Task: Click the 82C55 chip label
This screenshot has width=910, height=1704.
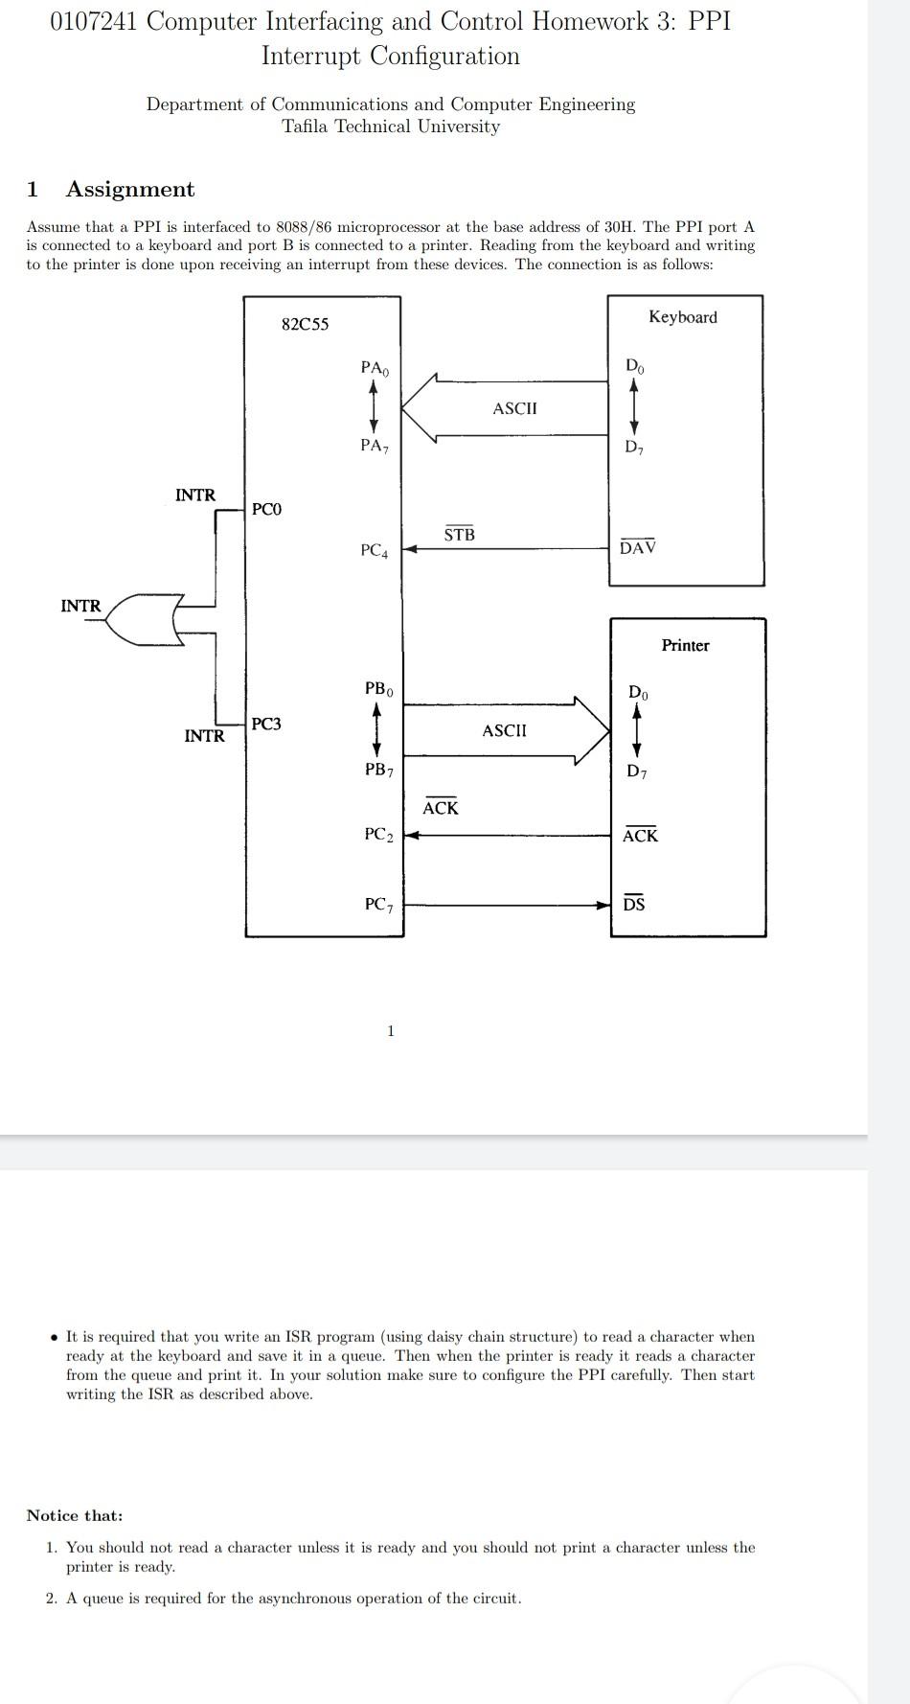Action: [305, 324]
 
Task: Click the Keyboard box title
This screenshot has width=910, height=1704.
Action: [682, 317]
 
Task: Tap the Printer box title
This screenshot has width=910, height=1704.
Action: [685, 645]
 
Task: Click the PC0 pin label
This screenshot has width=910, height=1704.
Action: [266, 509]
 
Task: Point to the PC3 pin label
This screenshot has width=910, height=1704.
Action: [266, 724]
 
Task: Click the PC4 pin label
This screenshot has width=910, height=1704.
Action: [375, 550]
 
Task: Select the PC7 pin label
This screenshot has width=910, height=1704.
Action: [378, 904]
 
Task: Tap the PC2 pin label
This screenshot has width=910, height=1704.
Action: [378, 835]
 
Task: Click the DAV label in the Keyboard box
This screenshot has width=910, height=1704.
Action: [637, 547]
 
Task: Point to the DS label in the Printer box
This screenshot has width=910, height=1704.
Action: [634, 904]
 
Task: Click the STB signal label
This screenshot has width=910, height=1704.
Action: [459, 535]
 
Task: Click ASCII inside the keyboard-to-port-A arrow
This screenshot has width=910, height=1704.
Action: [514, 408]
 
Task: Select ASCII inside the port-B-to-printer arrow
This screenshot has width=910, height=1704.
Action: [504, 730]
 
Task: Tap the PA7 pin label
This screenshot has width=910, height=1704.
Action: [375, 445]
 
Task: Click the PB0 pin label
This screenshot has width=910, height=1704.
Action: [378, 688]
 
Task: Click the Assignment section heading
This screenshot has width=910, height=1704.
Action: [129, 189]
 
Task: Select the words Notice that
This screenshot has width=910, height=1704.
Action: [75, 1515]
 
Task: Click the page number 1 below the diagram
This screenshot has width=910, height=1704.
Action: [390, 1031]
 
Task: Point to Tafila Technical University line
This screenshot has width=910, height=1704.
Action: [390, 127]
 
